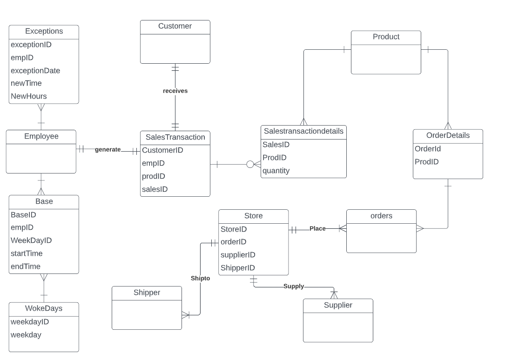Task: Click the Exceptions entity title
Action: (44, 32)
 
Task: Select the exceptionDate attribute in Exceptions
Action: (35, 71)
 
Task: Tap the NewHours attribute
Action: (28, 96)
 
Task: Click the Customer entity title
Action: (175, 27)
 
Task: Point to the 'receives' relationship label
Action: (175, 91)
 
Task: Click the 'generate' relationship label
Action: (108, 149)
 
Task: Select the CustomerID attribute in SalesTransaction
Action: (162, 150)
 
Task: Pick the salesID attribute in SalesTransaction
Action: (155, 189)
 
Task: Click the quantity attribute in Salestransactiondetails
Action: (276, 171)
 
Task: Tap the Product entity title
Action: (386, 37)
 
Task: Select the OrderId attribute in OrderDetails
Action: (428, 149)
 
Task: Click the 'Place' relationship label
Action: (317, 228)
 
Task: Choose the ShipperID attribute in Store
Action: (237, 268)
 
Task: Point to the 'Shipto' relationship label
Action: (200, 278)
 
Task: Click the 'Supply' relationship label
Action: (294, 286)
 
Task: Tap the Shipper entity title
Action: (147, 293)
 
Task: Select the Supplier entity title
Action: (338, 305)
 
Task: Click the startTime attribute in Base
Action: (27, 253)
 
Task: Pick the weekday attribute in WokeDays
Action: (26, 335)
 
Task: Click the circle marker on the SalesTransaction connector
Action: (250, 164)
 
